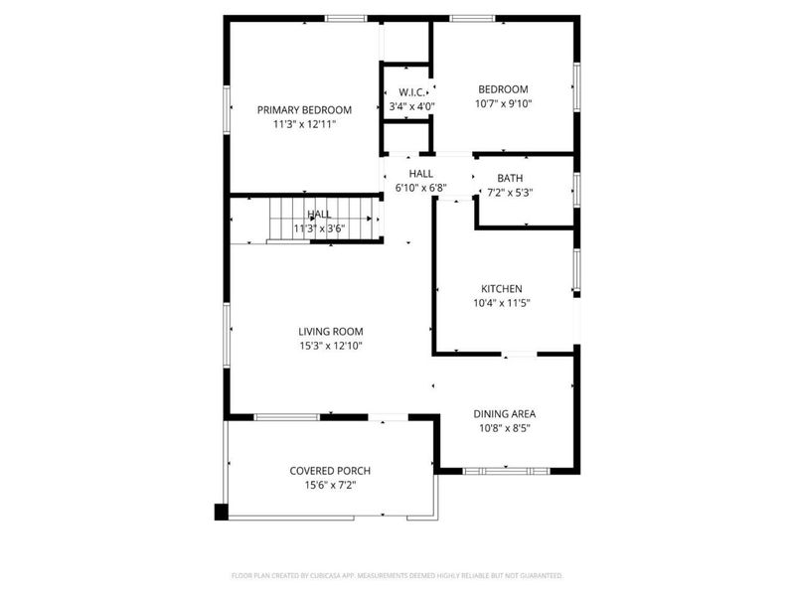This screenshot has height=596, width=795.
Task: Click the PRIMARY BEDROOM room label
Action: pyautogui.click(x=304, y=109)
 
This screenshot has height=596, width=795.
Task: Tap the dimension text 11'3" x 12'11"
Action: pyautogui.click(x=304, y=125)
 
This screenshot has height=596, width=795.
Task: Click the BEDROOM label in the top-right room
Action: pyautogui.click(x=503, y=88)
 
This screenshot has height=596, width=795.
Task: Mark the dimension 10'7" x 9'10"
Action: pyautogui.click(x=503, y=104)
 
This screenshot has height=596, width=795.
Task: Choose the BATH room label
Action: pyautogui.click(x=509, y=178)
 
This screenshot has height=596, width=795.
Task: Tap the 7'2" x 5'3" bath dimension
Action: pyautogui.click(x=509, y=193)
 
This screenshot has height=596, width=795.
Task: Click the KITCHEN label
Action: pyautogui.click(x=503, y=288)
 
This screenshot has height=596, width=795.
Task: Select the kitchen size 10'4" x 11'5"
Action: pyautogui.click(x=503, y=304)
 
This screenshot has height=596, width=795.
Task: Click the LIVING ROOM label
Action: pyautogui.click(x=331, y=331)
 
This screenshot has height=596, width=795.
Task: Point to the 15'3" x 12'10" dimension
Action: pyautogui.click(x=331, y=346)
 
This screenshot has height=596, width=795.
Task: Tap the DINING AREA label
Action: pyautogui.click(x=504, y=413)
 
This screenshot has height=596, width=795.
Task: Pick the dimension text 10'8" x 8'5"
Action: pyautogui.click(x=504, y=429)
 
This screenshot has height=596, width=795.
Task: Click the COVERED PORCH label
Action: pyautogui.click(x=330, y=470)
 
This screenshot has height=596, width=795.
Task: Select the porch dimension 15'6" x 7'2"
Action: pyautogui.click(x=330, y=486)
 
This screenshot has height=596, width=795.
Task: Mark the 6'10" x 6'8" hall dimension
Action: pyautogui.click(x=421, y=188)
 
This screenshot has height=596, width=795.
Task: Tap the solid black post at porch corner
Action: pyautogui.click(x=221, y=513)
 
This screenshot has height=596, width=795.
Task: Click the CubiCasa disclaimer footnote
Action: pyautogui.click(x=397, y=575)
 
